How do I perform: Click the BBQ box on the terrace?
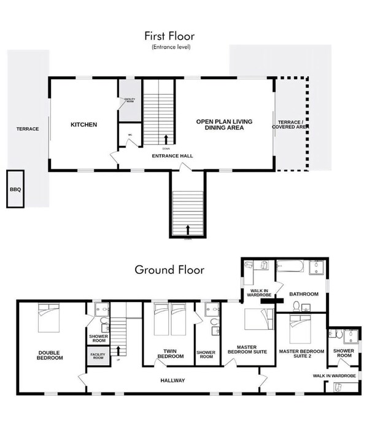point(15,189)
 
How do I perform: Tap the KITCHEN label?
point(83,125)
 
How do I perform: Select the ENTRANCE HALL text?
point(172,156)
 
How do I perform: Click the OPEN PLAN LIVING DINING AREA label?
point(224,125)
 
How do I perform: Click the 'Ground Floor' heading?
point(169,269)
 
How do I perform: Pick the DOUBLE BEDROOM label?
point(49,354)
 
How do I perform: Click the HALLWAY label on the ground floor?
point(172,381)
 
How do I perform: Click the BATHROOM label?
point(304,294)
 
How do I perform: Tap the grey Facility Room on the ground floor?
point(98,357)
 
